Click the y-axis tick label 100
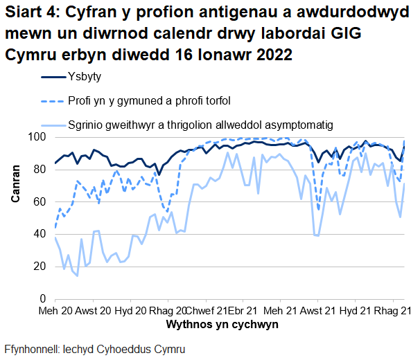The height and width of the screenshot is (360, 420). tap(37, 137)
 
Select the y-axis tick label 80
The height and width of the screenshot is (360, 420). tap(40, 170)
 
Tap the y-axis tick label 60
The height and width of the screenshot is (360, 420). tap(40, 201)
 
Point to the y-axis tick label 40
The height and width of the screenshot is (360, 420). tap(40, 234)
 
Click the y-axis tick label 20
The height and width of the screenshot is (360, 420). tap(40, 267)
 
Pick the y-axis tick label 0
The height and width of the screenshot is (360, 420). tap(42, 298)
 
